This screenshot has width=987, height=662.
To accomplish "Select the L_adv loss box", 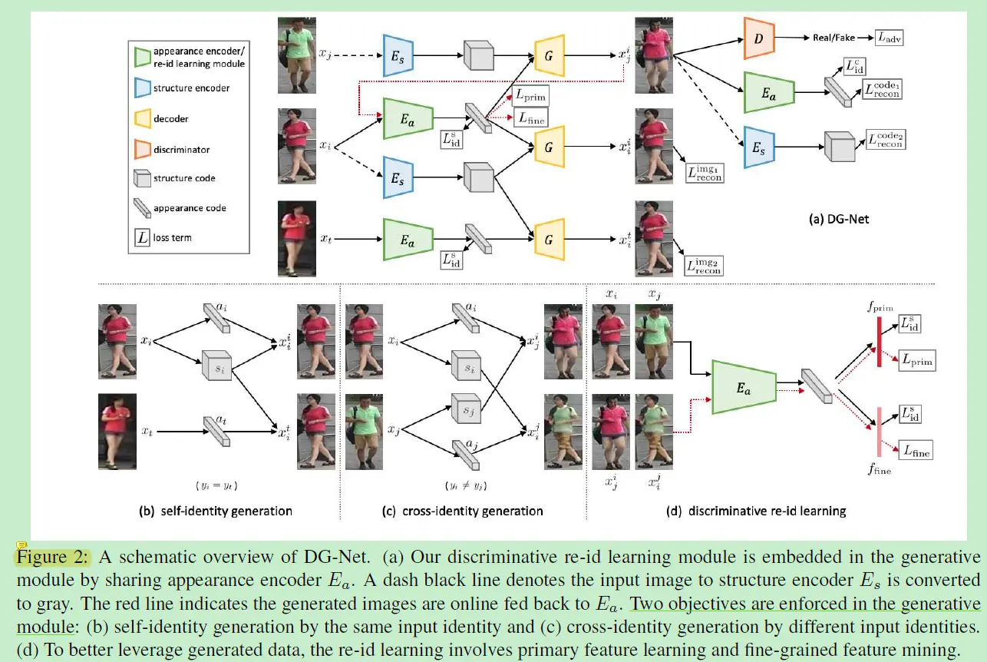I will (888, 37).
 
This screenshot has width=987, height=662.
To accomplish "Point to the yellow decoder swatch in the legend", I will (142, 119).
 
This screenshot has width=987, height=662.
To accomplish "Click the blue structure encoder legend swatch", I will (142, 88).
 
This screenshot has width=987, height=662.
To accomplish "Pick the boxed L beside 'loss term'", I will (142, 238).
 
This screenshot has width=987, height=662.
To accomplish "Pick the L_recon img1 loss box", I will (705, 173).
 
